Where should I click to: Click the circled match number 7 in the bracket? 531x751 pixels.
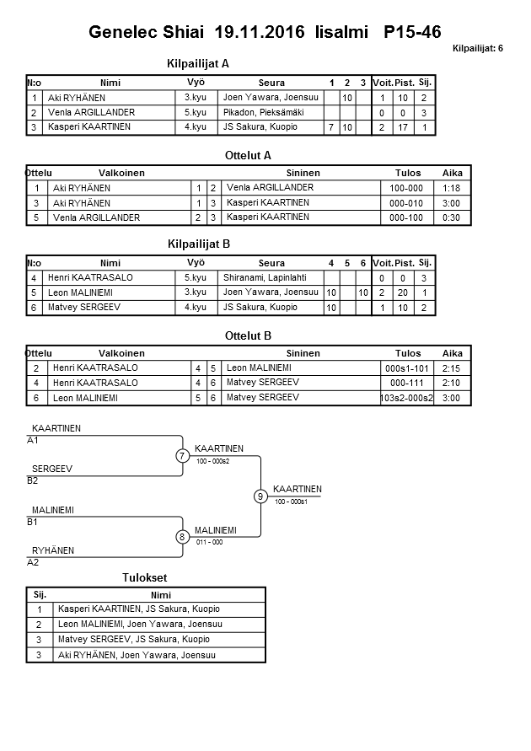tap(181, 456)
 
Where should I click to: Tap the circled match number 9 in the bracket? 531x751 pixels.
tap(260, 496)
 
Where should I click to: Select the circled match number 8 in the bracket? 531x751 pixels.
tap(181, 537)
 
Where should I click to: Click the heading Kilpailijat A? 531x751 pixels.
tap(199, 63)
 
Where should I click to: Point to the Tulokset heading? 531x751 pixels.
tap(145, 577)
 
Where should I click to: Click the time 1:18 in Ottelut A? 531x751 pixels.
tap(452, 188)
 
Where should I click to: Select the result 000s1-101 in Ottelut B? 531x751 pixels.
tap(407, 368)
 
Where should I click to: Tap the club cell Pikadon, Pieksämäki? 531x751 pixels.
tap(262, 112)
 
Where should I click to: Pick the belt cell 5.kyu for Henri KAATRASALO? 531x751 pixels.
tap(195, 277)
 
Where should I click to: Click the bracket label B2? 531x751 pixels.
tap(33, 480)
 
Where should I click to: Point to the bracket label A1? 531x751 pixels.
tap(33, 440)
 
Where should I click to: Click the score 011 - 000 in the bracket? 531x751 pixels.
tap(209, 542)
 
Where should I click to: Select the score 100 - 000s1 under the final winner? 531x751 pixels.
tap(290, 502)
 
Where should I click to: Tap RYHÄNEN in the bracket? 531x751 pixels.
tap(53, 550)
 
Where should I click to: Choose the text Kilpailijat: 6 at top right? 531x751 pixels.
tap(477, 48)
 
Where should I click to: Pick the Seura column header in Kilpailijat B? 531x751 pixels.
tap(271, 263)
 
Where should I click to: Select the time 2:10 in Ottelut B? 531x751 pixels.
tap(452, 383)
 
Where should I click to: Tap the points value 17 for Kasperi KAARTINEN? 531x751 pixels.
tap(403, 127)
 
